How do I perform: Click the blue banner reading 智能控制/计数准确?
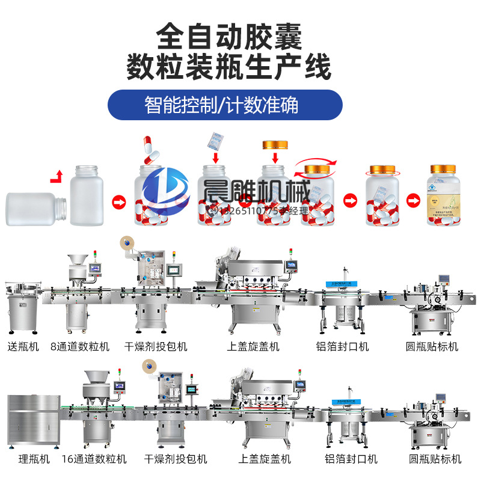(225, 105)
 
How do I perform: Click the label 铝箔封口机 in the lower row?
(351, 459)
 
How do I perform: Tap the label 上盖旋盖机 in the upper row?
(253, 346)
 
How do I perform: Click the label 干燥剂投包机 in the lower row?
(176, 459)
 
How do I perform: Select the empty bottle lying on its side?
(32, 209)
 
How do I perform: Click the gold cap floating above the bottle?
(275, 145)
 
